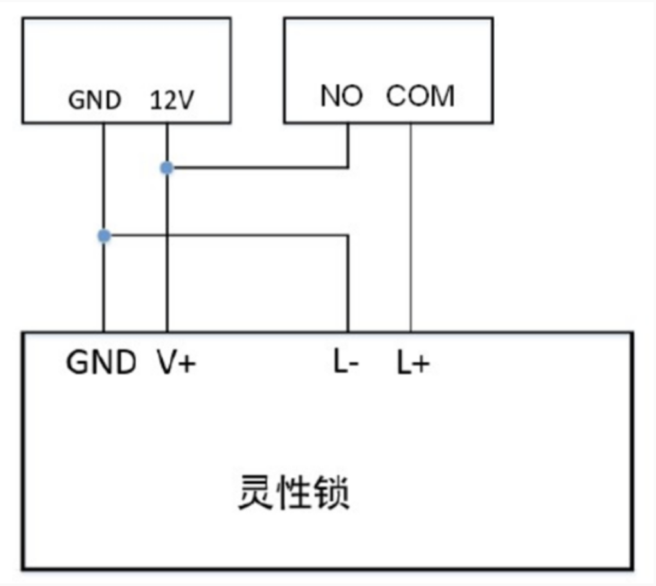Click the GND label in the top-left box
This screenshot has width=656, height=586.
pos(94,100)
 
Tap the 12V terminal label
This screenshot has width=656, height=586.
pos(170,100)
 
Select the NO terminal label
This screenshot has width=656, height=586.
pos(342,96)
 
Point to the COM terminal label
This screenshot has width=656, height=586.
pos(420,96)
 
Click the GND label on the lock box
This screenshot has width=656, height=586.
pos(101,363)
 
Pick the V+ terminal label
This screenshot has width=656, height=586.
pos(175,363)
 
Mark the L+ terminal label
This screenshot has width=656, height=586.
pos(412,364)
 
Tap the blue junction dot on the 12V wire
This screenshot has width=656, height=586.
pos(167,168)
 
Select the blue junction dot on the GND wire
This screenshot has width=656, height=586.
pos(103,236)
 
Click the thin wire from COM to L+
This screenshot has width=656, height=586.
pos(410,225)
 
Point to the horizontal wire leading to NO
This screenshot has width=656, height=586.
pos(257,168)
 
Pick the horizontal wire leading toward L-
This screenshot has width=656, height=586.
pos(225,236)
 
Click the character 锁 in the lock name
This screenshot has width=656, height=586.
pos(332,493)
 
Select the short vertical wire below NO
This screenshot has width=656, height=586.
pos(348,145)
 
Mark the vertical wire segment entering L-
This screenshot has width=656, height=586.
pos(348,283)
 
